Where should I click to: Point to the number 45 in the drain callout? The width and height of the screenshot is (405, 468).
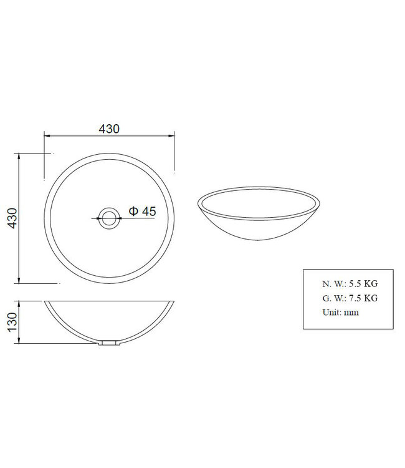click(148, 212)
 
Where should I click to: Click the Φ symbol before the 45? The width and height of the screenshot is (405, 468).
click(133, 212)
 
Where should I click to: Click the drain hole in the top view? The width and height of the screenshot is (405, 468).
click(110, 218)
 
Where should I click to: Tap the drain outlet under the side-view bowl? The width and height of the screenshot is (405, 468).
click(110, 343)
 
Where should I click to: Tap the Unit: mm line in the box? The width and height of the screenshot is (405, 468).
click(341, 312)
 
